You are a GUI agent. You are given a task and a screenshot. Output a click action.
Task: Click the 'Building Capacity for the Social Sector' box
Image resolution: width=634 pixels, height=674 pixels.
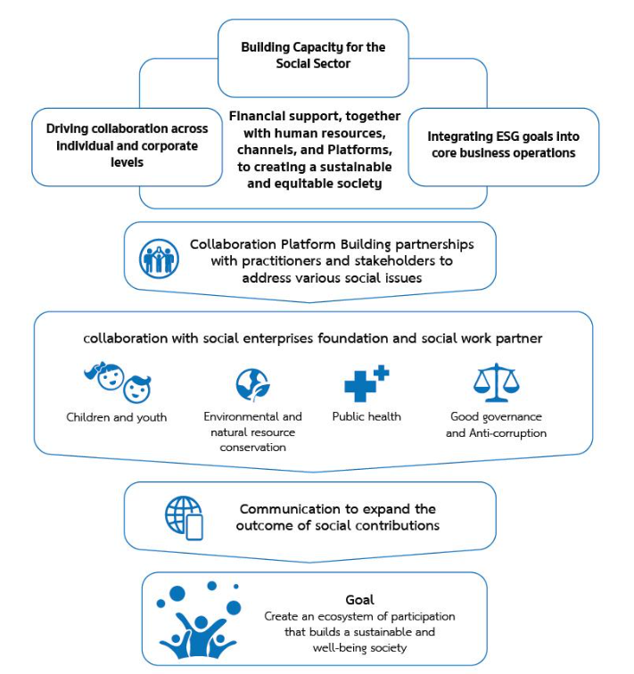313,58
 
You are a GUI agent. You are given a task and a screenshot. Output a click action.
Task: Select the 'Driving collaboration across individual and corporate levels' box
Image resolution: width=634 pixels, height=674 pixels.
127,146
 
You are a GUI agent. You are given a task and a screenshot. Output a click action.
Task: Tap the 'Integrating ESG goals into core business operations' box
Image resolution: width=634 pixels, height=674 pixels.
503,146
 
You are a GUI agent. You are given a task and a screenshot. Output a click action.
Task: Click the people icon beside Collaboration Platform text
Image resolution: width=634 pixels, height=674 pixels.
159,259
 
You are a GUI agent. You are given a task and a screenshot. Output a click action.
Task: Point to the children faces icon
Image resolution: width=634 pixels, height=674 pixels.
118,382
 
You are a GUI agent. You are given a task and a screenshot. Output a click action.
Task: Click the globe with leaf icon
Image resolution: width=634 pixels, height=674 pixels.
252,385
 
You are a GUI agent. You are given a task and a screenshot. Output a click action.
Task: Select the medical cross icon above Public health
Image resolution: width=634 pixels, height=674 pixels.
366,383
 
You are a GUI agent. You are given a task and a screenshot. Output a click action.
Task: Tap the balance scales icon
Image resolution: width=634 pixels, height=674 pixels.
497,382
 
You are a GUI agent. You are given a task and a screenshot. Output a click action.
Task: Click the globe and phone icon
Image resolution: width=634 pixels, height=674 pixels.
184,518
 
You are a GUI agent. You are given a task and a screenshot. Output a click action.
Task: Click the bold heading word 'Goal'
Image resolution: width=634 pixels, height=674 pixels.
359,600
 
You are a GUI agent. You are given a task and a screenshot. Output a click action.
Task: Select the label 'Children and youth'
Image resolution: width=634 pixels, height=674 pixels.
117,417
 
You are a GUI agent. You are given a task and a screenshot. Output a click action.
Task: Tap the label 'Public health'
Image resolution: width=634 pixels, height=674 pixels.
366,416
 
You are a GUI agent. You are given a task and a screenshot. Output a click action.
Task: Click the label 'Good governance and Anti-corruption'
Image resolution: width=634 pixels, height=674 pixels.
497,424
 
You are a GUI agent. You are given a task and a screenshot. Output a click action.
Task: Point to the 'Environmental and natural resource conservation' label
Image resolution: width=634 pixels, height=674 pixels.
252,432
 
